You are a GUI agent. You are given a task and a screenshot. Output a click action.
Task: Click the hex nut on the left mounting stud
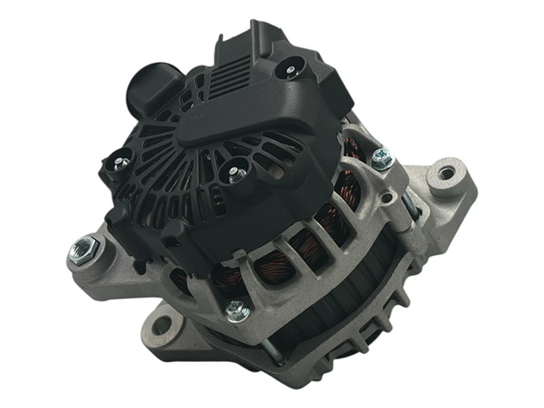coord(82,249)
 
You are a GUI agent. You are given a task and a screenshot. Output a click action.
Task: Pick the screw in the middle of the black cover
coord(236,175)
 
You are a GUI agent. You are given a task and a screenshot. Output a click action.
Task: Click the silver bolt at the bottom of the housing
coord(237,309)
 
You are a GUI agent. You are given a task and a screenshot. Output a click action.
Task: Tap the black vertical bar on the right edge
coord(521,204)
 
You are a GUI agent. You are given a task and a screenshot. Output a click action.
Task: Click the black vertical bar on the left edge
coord(21,204)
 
